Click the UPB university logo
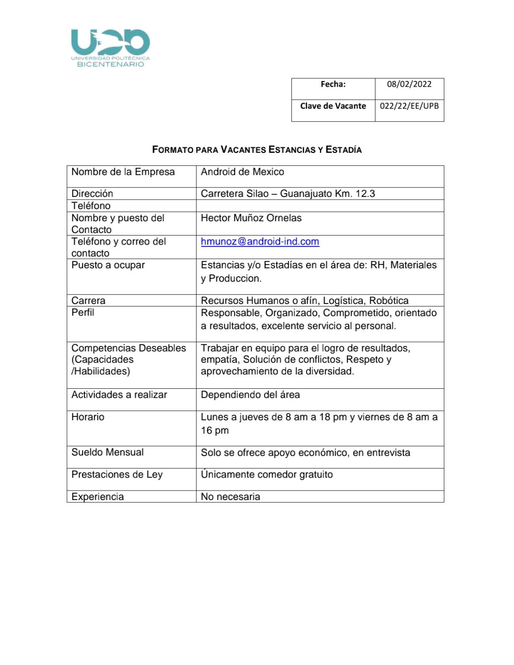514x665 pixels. click(110, 48)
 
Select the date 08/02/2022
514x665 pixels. click(409, 84)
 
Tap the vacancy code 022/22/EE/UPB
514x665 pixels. click(409, 106)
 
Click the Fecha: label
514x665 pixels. click(333, 84)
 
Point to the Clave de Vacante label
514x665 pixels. click(333, 106)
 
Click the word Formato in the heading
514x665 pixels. click(172, 150)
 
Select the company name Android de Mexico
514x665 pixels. click(242, 172)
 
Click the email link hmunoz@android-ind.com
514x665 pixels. click(260, 242)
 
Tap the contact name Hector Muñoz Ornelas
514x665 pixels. click(251, 218)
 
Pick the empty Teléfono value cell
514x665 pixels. click(320, 206)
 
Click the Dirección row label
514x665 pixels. click(92, 194)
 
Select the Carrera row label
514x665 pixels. click(88, 300)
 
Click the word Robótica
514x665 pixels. click(389, 300)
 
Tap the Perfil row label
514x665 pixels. click(83, 313)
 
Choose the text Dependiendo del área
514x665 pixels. click(250, 395)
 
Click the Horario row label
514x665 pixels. click(88, 417)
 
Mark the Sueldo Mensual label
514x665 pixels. click(107, 452)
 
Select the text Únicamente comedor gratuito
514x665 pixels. click(267, 475)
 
